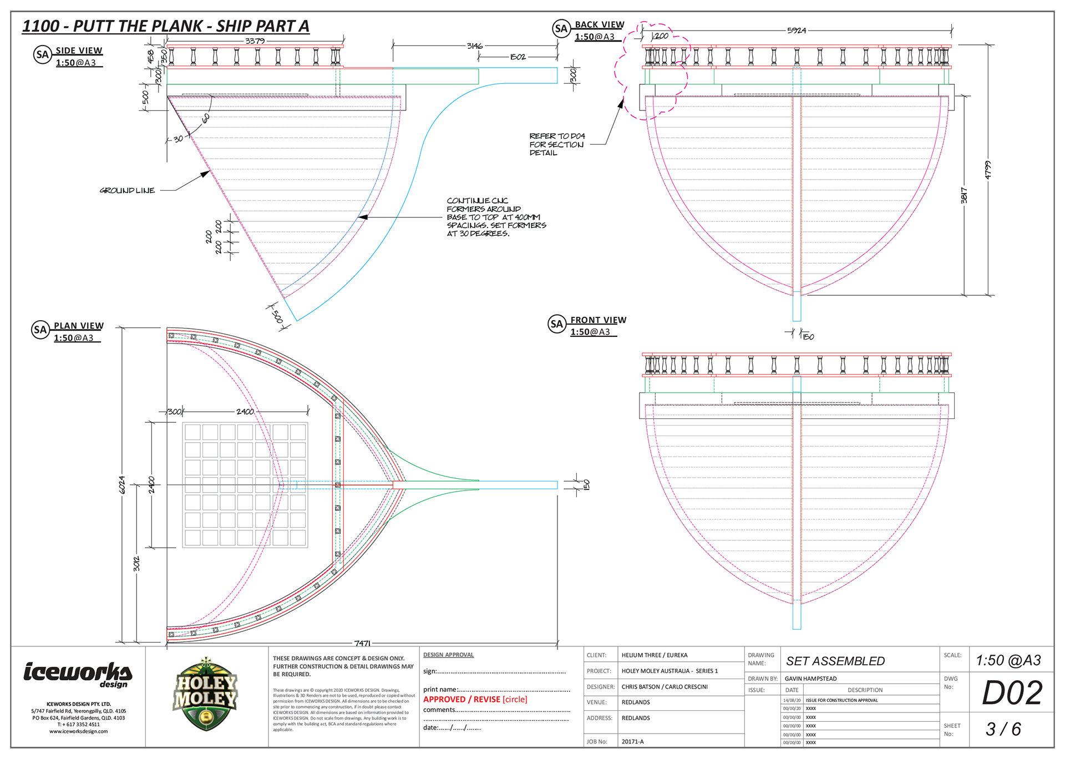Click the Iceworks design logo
[78, 674]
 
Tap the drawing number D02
[1012, 693]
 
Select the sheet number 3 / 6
[1003, 729]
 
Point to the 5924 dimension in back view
[796, 31]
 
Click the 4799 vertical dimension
[987, 169]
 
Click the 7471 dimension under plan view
[362, 643]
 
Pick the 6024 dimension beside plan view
[122, 484]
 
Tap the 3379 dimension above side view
[255, 41]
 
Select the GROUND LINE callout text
[127, 190]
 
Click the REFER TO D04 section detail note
[556, 144]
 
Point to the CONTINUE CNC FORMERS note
[496, 217]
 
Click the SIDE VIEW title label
[79, 50]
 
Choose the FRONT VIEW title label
[598, 320]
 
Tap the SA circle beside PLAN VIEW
[40, 330]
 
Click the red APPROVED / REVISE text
[475, 699]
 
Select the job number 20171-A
[632, 741]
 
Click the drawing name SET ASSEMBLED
[835, 661]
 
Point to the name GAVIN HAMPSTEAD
[810, 679]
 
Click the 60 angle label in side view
[206, 118]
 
